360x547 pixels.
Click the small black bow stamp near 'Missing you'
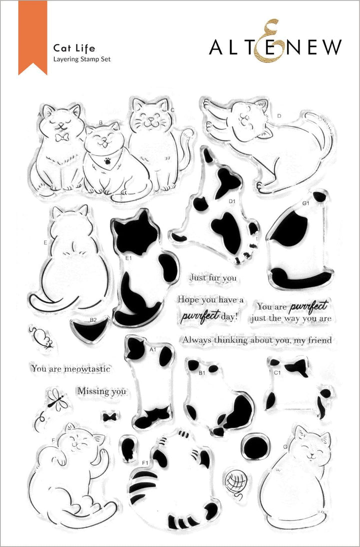tap(106, 416)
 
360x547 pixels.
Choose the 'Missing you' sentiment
tap(101, 391)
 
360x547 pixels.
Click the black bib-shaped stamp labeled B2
tap(91, 329)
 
